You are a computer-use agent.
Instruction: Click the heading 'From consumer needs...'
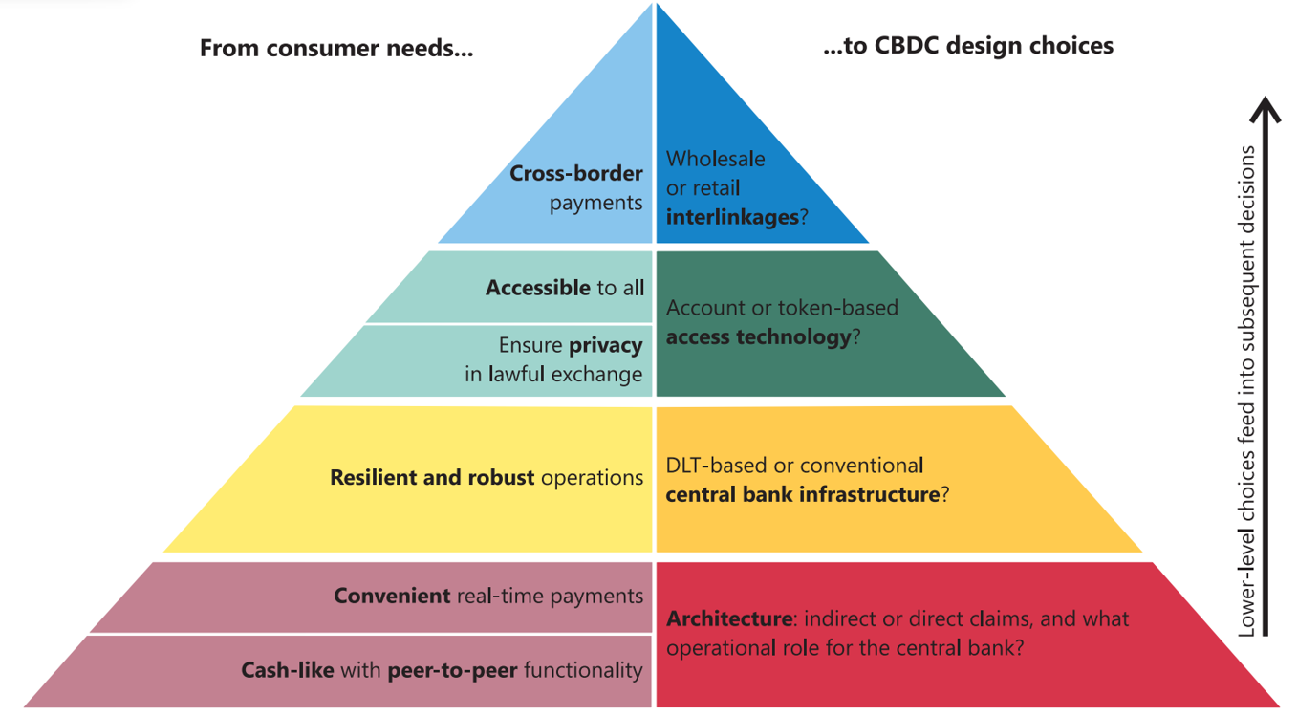[x=336, y=48]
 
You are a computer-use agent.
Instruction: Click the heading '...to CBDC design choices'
[x=968, y=46]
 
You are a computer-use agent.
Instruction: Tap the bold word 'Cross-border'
[x=576, y=173]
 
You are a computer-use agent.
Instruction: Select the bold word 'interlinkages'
[x=732, y=217]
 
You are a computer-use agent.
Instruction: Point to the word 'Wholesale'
[x=715, y=159]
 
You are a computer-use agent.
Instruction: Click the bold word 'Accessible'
[x=538, y=288]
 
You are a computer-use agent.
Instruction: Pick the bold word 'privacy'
[x=606, y=346]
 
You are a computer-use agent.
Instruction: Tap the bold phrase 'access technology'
[x=759, y=337]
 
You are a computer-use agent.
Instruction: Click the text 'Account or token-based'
[x=782, y=307]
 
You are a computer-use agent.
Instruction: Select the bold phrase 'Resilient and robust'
[x=432, y=477]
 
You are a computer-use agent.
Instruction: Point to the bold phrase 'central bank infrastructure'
[x=803, y=494]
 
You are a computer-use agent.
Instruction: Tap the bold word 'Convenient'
[x=392, y=596]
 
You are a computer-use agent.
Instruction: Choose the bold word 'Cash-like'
[x=288, y=670]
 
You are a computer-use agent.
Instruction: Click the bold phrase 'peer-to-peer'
[x=452, y=671]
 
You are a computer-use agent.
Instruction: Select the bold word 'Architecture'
[x=729, y=619]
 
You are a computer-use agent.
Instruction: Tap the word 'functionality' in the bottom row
[x=583, y=671]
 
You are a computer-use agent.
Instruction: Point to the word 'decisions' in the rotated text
[x=1246, y=188]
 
